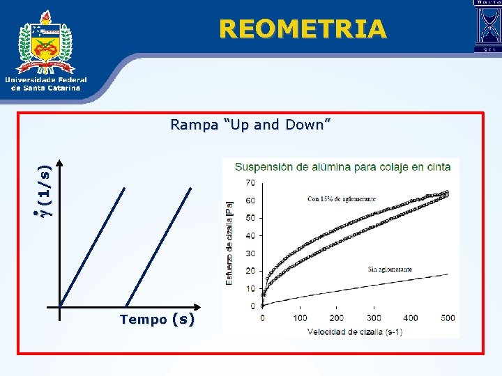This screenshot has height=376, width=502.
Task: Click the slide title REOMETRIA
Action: [302, 29]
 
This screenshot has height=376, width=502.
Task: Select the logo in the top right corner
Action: [487, 26]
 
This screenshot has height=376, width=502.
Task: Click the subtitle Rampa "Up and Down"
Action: [250, 125]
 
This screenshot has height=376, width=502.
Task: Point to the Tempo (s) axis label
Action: [157, 320]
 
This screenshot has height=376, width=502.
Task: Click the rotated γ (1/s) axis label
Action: [44, 189]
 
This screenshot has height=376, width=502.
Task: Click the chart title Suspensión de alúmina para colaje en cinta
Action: [342, 167]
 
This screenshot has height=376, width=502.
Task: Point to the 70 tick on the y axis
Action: [250, 182]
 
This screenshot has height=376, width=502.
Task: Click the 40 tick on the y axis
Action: [250, 235]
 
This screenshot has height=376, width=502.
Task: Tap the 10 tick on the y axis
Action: [250, 288]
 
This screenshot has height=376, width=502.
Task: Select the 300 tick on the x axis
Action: [374, 318]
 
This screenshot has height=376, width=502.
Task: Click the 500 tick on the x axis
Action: [448, 318]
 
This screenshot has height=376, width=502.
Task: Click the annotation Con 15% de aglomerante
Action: [342, 199]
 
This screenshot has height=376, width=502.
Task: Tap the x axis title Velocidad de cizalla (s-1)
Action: [355, 331]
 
